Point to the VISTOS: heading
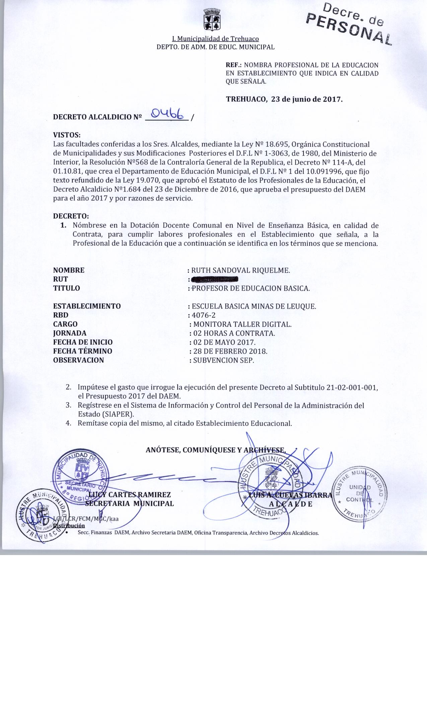(x=67, y=135)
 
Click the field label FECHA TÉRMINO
(x=83, y=351)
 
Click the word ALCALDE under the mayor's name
(x=290, y=504)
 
